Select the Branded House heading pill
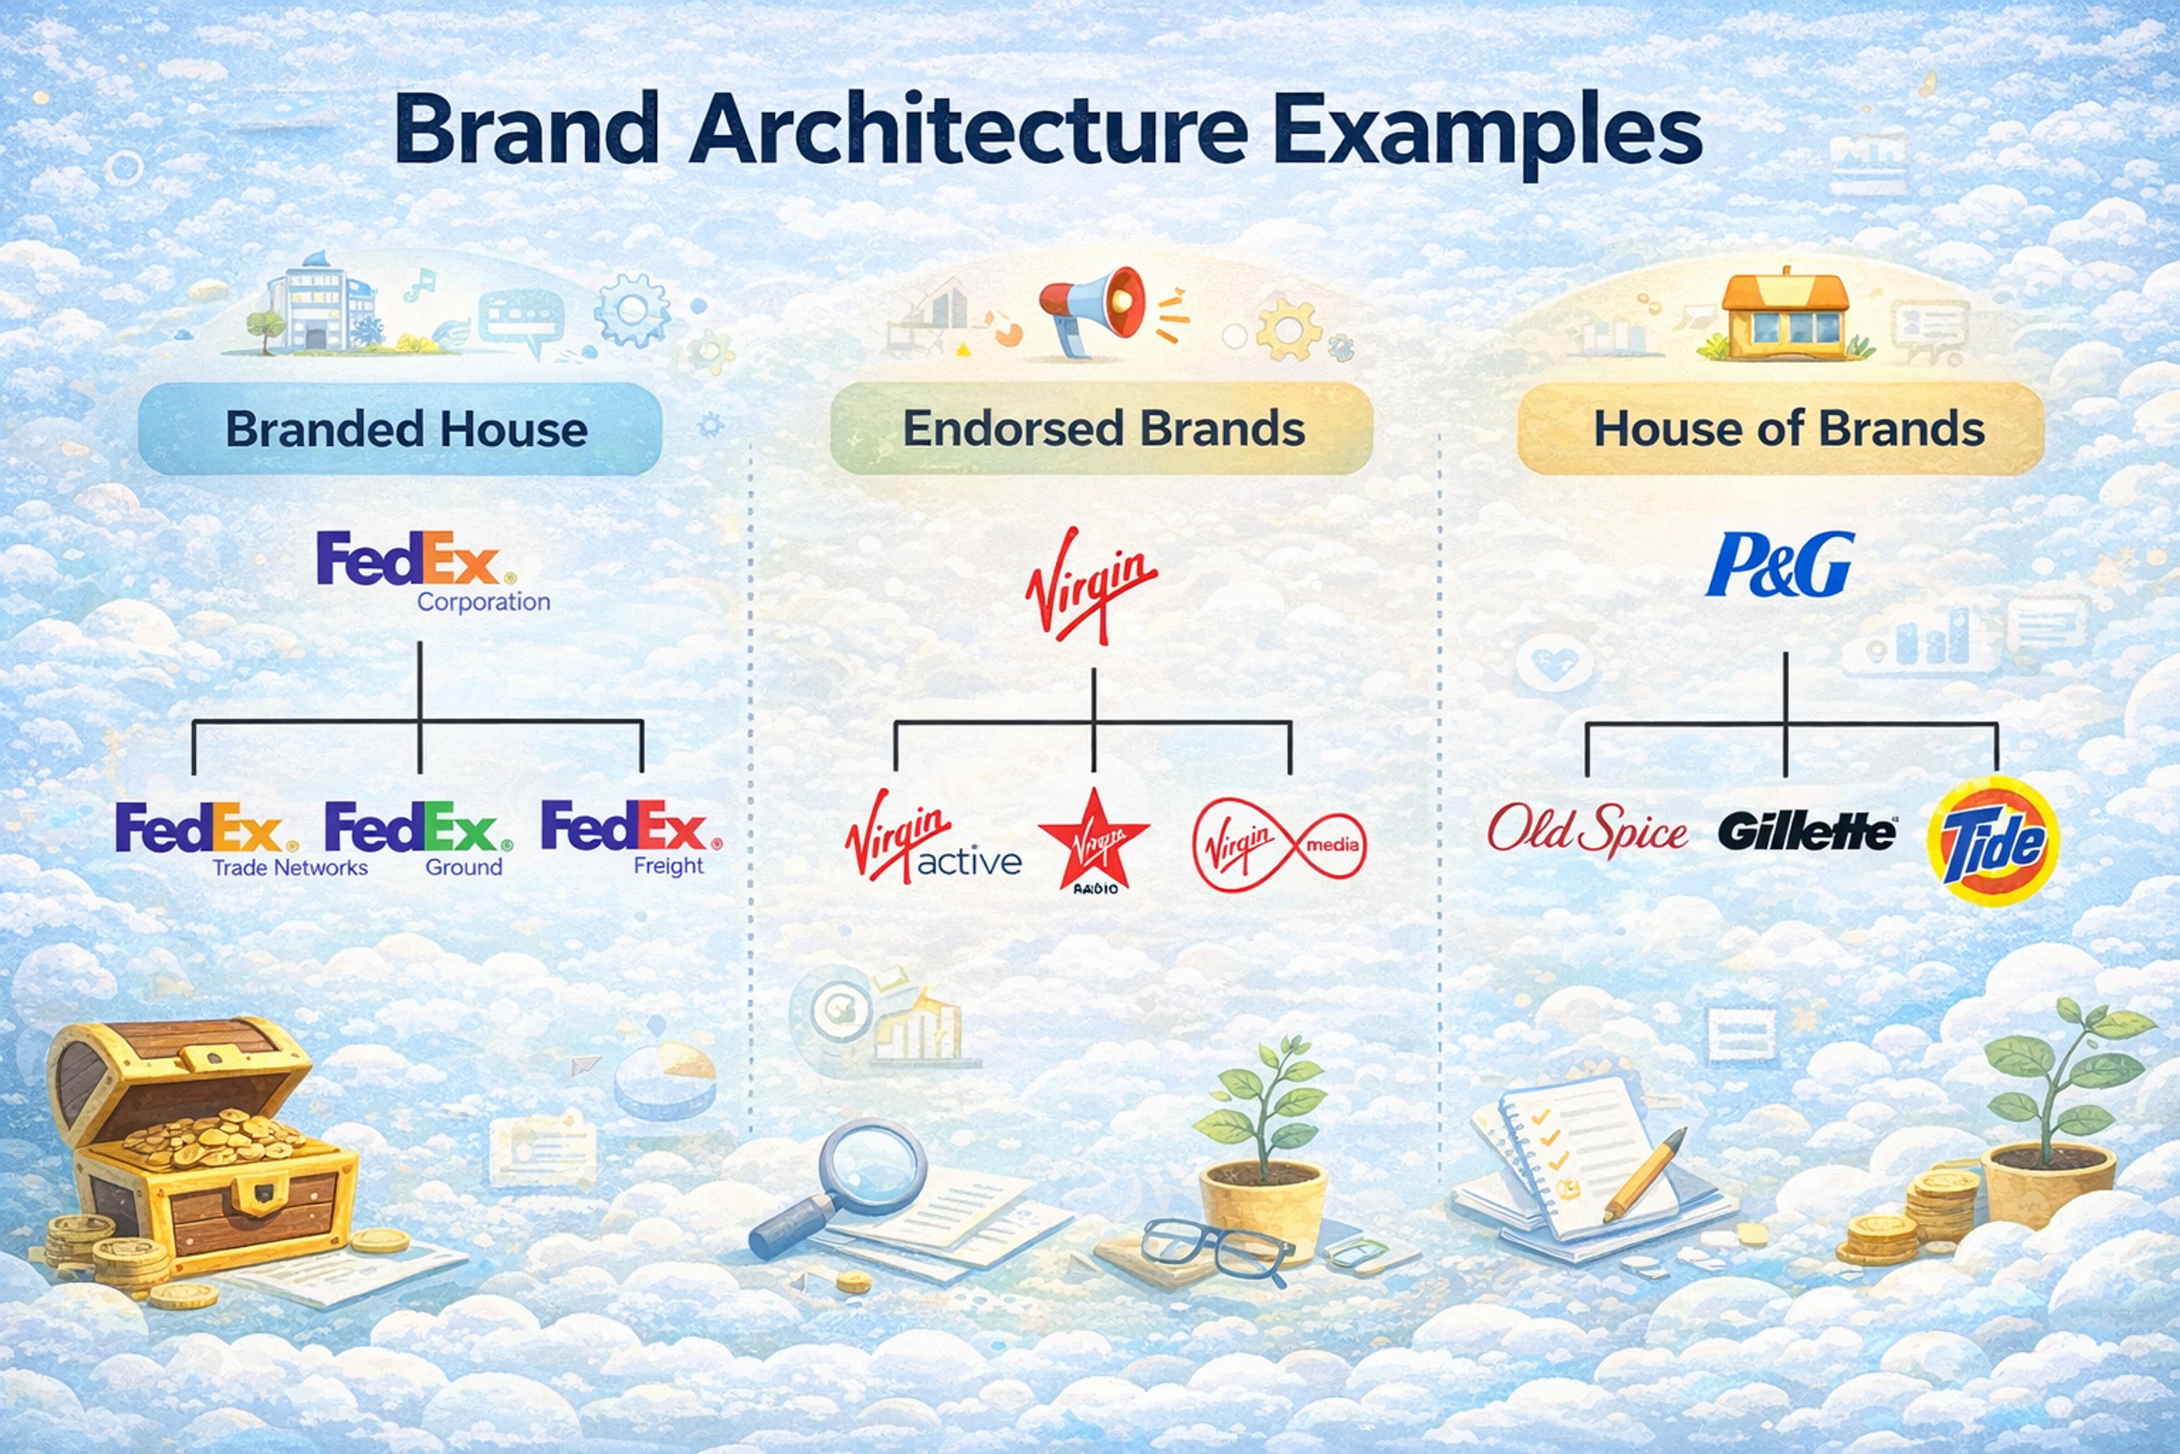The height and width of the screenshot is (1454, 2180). pyautogui.click(x=400, y=429)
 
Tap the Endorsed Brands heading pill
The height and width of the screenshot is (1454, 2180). pyautogui.click(x=1101, y=429)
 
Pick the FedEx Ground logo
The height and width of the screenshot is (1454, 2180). pyautogui.click(x=418, y=837)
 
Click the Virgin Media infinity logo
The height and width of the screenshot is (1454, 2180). pyautogui.click(x=1279, y=845)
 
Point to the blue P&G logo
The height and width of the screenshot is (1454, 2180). pyautogui.click(x=1780, y=564)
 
